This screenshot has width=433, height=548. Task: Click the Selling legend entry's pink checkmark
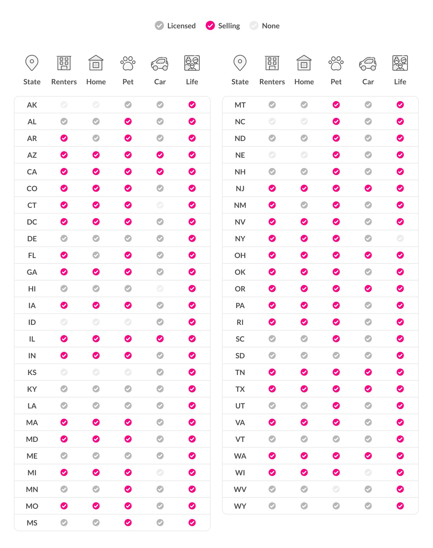click(x=210, y=25)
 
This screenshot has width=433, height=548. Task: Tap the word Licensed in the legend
click(x=181, y=26)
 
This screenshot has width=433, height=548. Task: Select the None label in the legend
click(x=271, y=26)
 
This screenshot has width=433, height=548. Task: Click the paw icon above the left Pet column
click(x=128, y=63)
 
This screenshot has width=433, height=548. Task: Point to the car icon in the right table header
click(x=368, y=64)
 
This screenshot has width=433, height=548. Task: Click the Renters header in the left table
click(x=64, y=82)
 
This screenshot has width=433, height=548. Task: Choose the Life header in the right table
click(x=400, y=82)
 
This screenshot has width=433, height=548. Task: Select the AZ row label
click(x=32, y=155)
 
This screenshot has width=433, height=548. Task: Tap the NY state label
click(x=240, y=239)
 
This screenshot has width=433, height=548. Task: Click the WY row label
click(x=240, y=506)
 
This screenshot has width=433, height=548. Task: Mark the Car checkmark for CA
click(x=160, y=172)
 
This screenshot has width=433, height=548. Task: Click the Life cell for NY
click(x=400, y=238)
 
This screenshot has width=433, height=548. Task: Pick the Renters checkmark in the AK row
click(x=64, y=105)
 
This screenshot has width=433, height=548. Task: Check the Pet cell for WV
click(x=336, y=489)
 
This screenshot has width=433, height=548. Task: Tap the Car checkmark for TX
click(x=368, y=389)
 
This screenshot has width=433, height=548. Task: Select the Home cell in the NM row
click(x=304, y=205)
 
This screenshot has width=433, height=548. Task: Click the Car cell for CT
click(x=160, y=205)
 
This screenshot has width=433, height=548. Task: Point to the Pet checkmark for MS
click(x=128, y=523)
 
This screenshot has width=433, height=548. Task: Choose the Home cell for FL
click(x=96, y=255)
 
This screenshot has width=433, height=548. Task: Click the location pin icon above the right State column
click(x=240, y=63)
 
